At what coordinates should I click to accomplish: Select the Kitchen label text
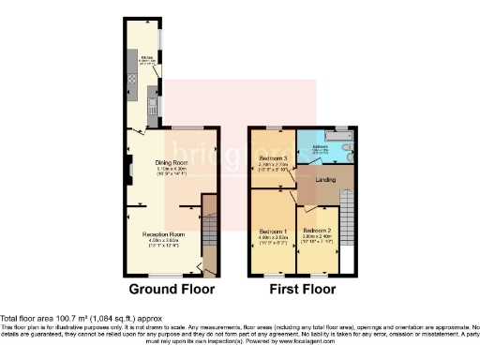coord(147,56)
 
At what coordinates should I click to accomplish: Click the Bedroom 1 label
coord(272,230)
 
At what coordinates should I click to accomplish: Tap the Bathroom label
coord(319,146)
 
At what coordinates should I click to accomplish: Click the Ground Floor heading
coord(171,289)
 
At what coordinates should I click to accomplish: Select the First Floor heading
coord(303,289)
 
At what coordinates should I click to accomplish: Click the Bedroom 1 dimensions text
coord(272,239)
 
